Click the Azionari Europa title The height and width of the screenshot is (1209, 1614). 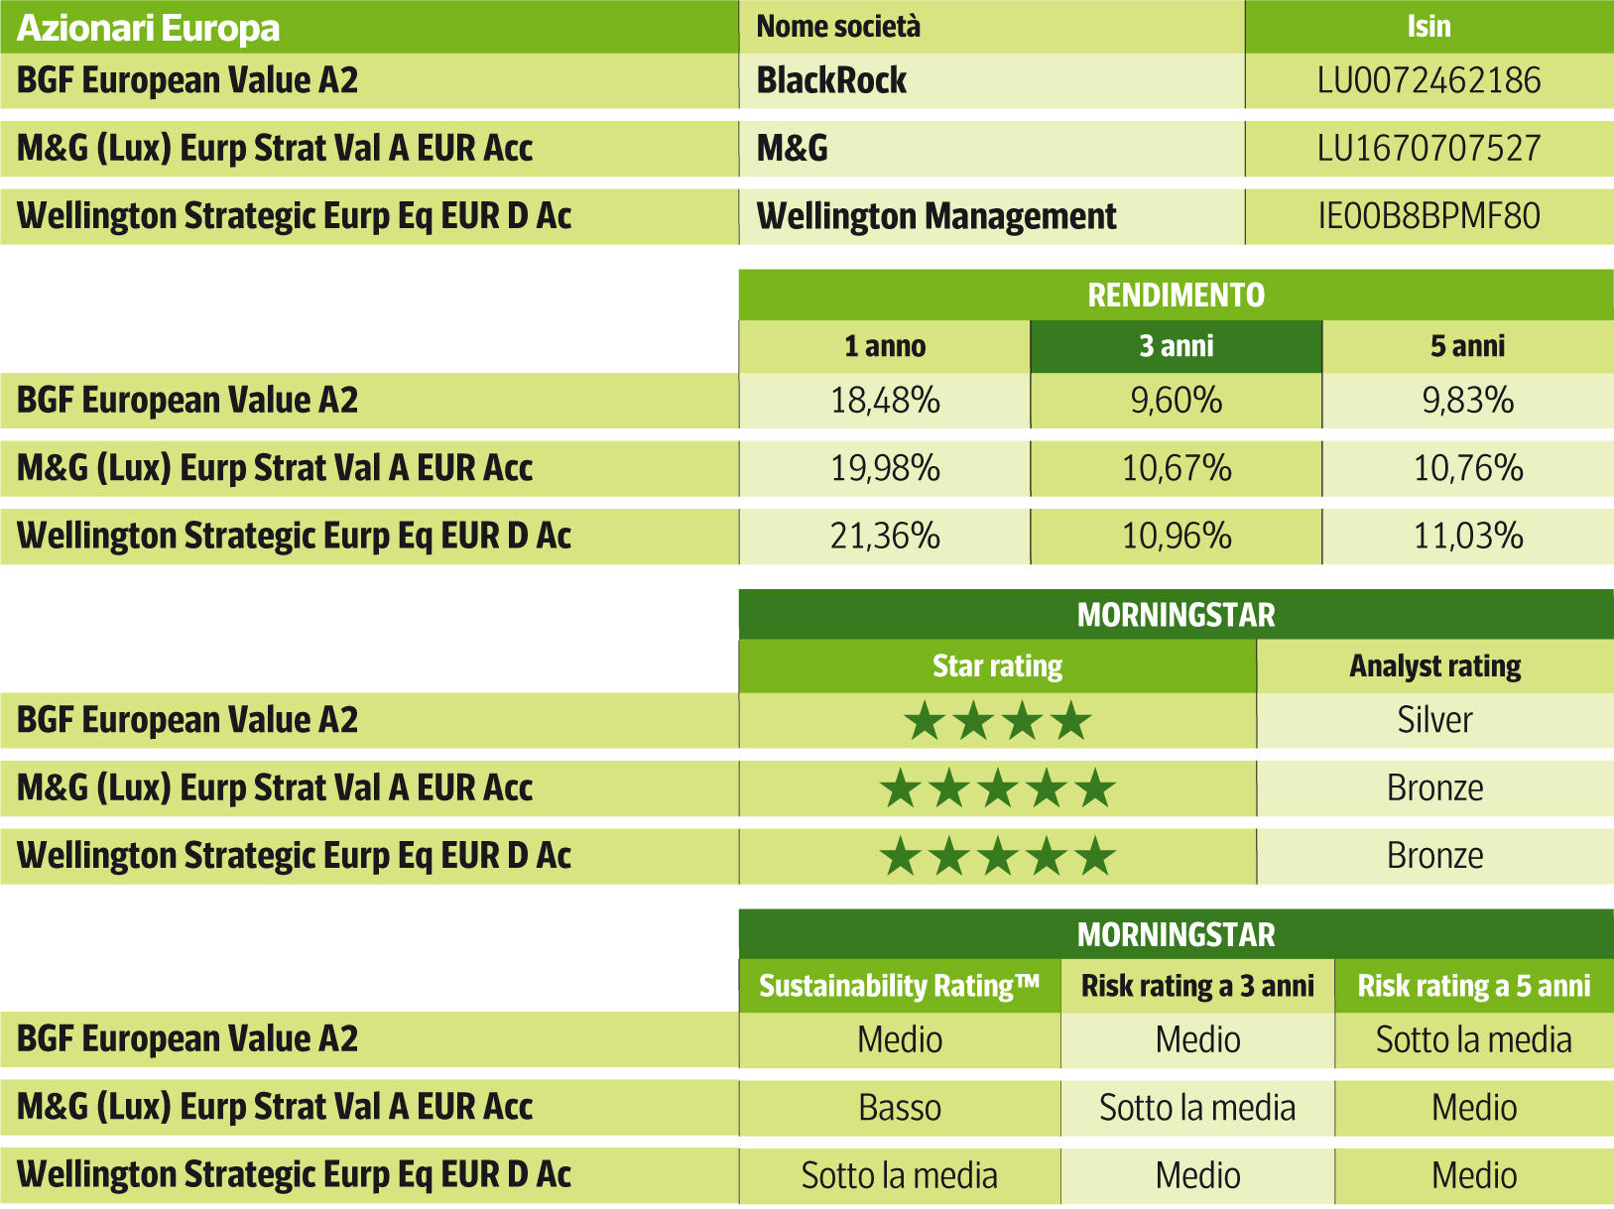click(149, 28)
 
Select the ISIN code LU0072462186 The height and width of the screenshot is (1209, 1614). click(1428, 80)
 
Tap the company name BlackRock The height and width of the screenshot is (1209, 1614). click(831, 80)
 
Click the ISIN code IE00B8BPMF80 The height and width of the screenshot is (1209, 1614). click(1428, 216)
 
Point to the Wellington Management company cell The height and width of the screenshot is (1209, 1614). click(936, 216)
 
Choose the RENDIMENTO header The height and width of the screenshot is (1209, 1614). click(1176, 295)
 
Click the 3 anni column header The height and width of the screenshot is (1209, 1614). click(1176, 346)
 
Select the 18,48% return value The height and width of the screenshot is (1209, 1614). click(885, 401)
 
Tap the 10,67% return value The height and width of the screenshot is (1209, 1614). click(1177, 468)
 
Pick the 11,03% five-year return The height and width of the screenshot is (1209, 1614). click(1468, 537)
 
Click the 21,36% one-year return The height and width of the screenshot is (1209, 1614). click(885, 537)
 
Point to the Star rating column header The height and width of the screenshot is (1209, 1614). click(997, 665)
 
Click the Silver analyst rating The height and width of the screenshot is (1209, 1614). click(1434, 720)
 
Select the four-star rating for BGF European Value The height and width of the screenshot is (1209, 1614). click(997, 721)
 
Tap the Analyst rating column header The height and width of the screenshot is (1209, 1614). click(1434, 665)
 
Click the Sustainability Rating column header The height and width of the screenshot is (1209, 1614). click(899, 986)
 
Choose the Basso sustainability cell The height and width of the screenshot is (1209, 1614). click(899, 1108)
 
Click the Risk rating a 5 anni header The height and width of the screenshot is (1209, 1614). click(1473, 986)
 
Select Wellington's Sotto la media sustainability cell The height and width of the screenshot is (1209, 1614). click(899, 1175)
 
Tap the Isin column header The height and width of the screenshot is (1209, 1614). click(1428, 27)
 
